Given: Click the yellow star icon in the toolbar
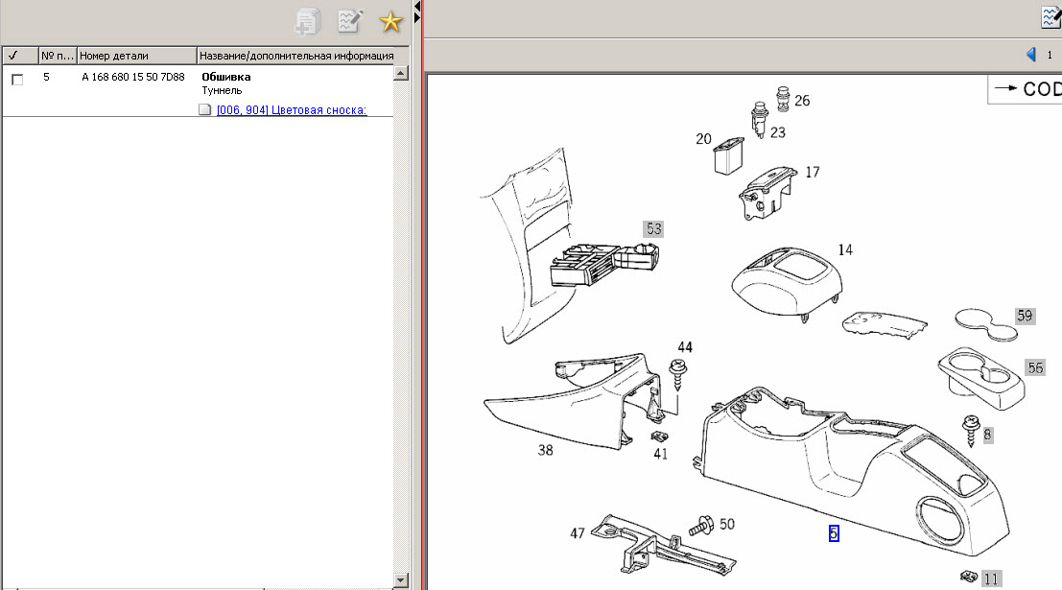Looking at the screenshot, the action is [390, 22].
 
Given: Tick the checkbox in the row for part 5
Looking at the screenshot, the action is [17, 80].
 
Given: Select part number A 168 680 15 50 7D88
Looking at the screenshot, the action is [132, 77].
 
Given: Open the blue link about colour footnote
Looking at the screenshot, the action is [292, 109].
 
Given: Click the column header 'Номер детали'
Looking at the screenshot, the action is [114, 56].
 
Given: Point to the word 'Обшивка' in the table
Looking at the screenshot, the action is [226, 77].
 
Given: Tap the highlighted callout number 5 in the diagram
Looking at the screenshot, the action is [834, 533].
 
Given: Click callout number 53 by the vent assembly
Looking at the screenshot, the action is [653, 229].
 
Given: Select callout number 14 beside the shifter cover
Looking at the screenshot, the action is [845, 250].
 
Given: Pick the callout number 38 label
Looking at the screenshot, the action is [545, 450].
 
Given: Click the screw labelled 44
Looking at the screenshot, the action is [678, 374].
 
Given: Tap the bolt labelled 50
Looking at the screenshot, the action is [701, 525].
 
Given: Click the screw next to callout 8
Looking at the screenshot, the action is [971, 430].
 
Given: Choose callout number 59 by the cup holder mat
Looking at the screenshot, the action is [1025, 316].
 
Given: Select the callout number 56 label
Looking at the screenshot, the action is [1035, 367].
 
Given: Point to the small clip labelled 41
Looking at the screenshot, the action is [659, 437].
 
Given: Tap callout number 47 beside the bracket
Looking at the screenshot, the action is [578, 533].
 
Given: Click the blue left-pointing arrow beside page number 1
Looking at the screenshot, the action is [1031, 54].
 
